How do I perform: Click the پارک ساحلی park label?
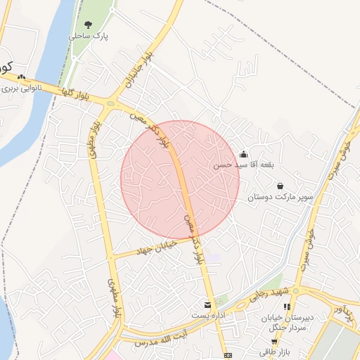87,36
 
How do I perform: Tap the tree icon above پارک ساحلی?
87,25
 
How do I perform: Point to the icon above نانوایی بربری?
22,78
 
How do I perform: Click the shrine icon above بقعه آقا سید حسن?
243,154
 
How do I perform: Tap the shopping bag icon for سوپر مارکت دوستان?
281,186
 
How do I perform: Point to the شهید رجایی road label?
268,293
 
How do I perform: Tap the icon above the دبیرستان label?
287,307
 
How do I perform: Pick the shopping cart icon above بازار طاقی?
274,342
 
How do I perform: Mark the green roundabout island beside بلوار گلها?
110,103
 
